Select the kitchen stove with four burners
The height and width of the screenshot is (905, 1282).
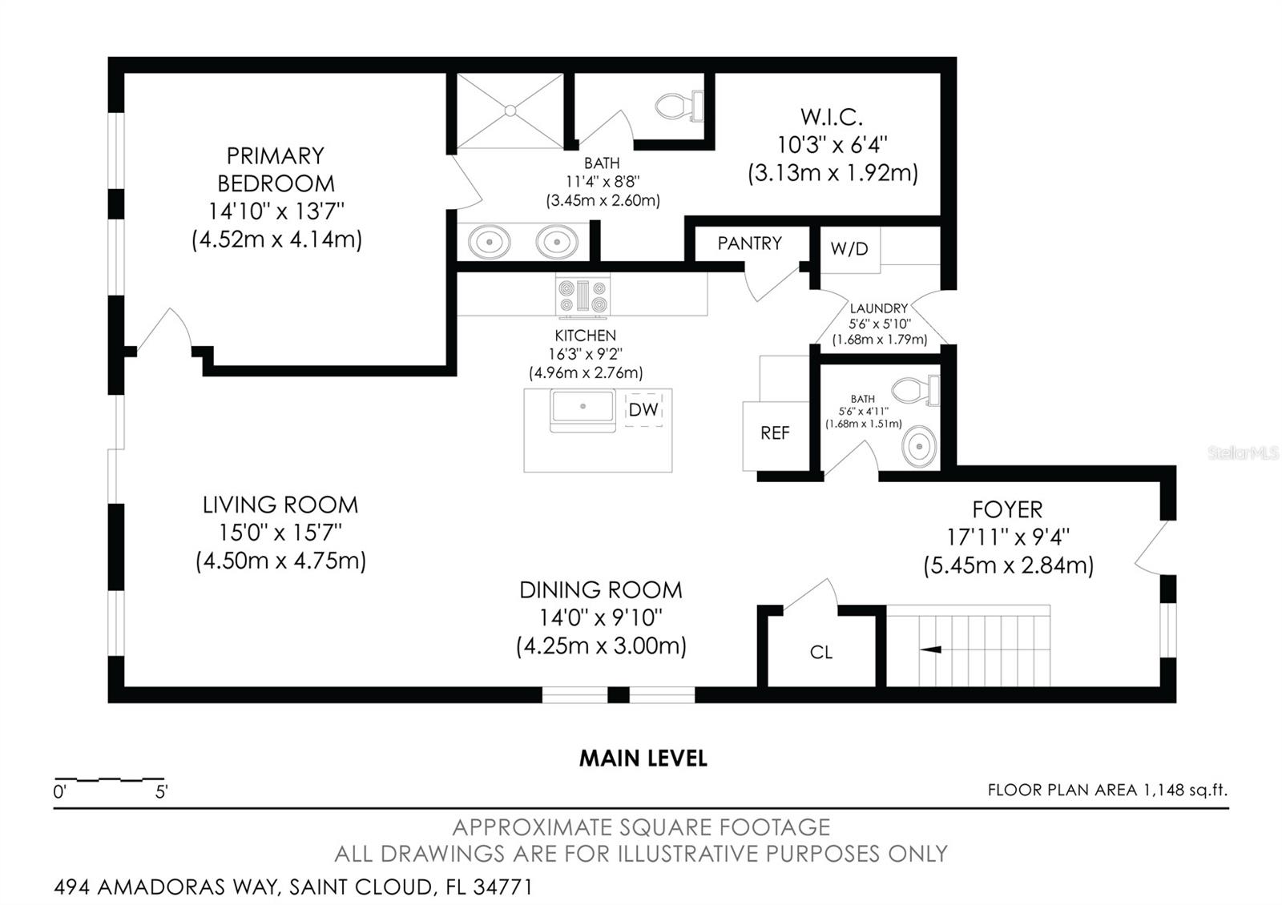[x=583, y=296]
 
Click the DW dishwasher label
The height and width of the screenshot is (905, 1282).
[x=643, y=410]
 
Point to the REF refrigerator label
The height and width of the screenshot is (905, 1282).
[x=775, y=433]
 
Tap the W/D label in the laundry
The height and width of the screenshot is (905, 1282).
[x=849, y=248]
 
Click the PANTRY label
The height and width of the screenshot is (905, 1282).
[x=749, y=243]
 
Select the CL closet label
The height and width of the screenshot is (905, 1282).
[x=821, y=653]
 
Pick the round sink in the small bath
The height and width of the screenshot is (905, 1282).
[x=919, y=446]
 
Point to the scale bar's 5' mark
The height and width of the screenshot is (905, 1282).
[x=162, y=792]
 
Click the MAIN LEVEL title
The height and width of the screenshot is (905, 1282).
[x=643, y=758]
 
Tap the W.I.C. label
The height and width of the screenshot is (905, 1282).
[x=832, y=117]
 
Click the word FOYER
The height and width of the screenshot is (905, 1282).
[x=1007, y=510]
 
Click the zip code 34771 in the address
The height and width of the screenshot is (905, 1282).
[x=502, y=887]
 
